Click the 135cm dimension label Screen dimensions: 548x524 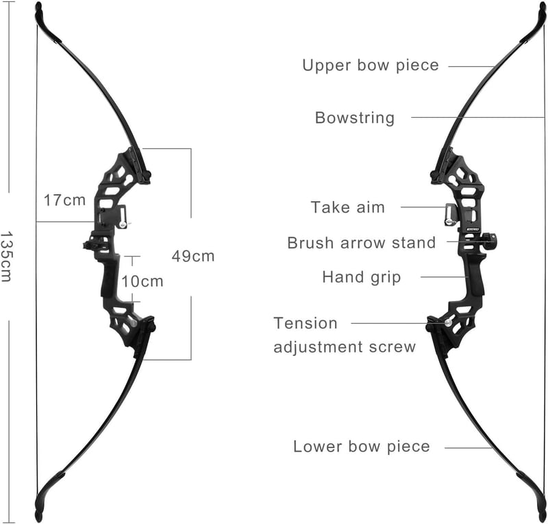click(6, 256)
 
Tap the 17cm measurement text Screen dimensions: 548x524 click(64, 200)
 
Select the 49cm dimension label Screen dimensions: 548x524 click(193, 257)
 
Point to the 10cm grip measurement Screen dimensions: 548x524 click(142, 281)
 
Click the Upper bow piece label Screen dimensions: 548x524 click(371, 65)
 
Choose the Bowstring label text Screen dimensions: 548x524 click(355, 118)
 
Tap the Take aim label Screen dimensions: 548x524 click(348, 207)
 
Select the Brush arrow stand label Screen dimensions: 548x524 click(362, 243)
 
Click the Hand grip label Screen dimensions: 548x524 click(362, 277)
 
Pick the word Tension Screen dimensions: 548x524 click(306, 324)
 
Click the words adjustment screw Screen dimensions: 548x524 click(345, 347)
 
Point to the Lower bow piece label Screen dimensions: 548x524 click(362, 447)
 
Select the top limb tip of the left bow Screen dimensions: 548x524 click(39, 10)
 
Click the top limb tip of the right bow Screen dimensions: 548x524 click(541, 10)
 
